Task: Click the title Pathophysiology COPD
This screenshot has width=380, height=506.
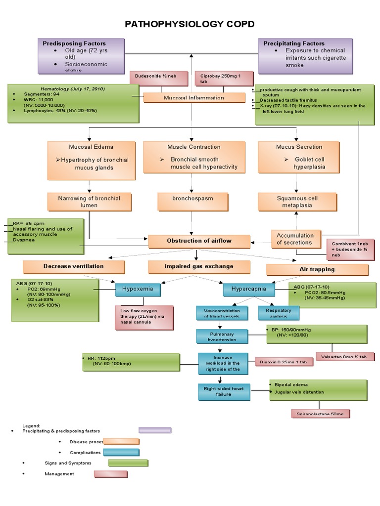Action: click(x=190, y=24)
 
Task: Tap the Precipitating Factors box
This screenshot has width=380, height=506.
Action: click(x=305, y=55)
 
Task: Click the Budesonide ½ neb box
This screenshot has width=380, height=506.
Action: click(x=159, y=78)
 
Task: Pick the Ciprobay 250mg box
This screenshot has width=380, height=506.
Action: click(x=224, y=78)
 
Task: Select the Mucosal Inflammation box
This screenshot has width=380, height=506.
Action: click(x=194, y=98)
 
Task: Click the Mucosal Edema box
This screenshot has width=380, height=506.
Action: click(x=91, y=160)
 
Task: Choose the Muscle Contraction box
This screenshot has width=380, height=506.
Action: click(x=194, y=160)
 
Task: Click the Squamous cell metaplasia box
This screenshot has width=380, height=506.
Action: click(x=297, y=202)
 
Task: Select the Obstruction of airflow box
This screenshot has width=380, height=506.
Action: click(x=198, y=241)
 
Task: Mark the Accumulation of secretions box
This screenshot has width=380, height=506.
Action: click(x=295, y=239)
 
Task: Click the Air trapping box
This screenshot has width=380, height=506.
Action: click(x=317, y=269)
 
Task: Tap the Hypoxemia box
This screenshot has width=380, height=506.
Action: click(x=134, y=289)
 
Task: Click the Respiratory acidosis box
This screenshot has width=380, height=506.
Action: click(x=279, y=313)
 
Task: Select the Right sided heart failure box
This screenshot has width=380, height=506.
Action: click(x=224, y=391)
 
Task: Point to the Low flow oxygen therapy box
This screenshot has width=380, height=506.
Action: click(x=144, y=317)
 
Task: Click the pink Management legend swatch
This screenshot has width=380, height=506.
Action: click(x=111, y=474)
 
